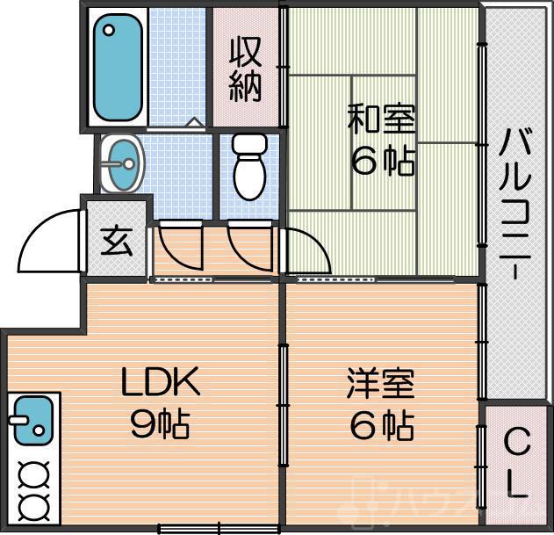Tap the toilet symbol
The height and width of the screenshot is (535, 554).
tap(248, 167)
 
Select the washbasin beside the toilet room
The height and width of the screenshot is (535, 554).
tap(122, 163)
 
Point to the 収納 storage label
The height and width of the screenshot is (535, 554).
tap(246, 69)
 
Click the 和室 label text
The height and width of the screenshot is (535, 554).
tap(382, 119)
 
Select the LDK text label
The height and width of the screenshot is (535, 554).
tap(160, 383)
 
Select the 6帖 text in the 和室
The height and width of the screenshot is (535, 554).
tap(382, 161)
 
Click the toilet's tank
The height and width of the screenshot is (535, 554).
tap(248, 144)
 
